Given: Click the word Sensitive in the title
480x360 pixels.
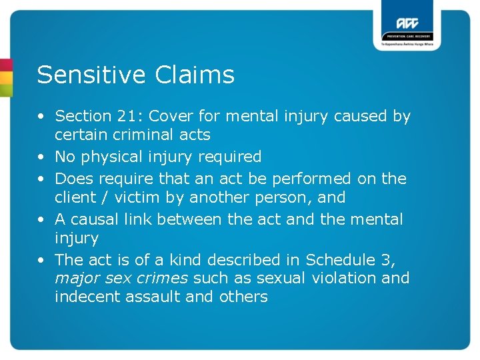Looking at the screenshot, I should [92, 75].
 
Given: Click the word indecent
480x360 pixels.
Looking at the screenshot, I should [83, 297].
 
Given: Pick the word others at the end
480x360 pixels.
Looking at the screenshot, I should [243, 297].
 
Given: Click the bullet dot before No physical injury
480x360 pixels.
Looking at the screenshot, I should [42, 157].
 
